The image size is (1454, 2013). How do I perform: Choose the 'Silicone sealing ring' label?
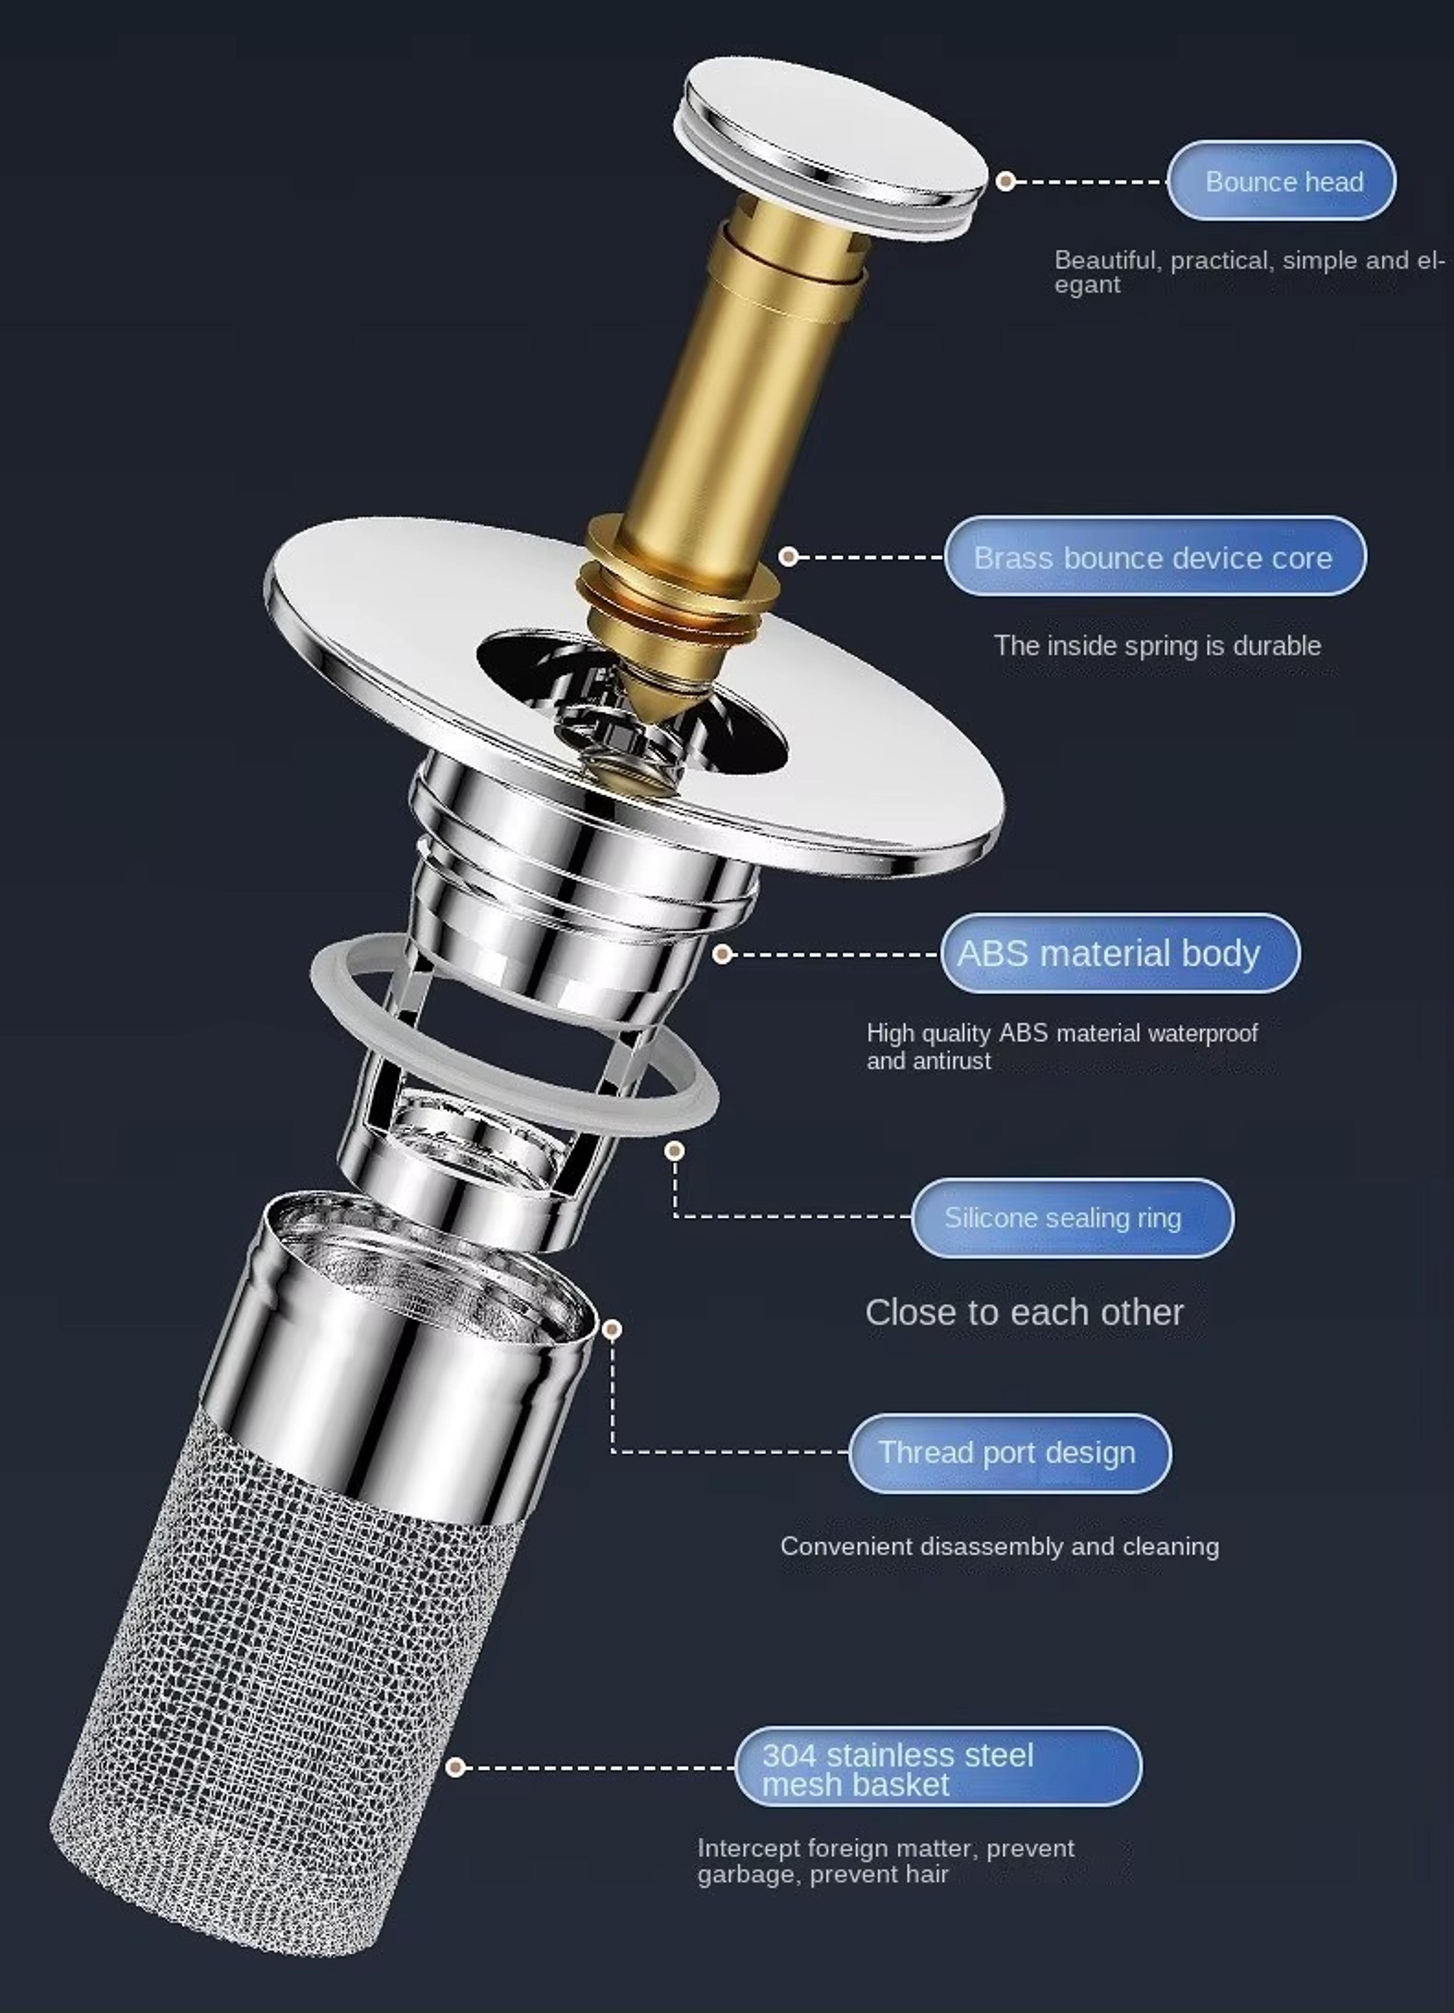click(x=1072, y=1218)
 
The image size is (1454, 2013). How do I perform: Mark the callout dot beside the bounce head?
click(x=1005, y=181)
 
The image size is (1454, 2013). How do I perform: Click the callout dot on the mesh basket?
click(x=456, y=1767)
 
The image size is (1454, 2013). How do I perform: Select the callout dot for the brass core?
click(x=788, y=557)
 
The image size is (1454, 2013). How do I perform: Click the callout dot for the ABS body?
click(x=722, y=954)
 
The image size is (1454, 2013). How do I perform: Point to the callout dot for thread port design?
click(x=612, y=1329)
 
